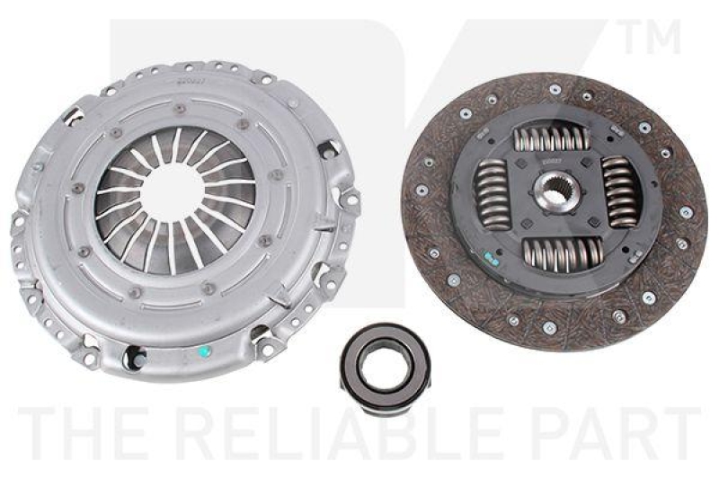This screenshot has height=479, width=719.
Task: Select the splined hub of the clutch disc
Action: coord(549,191)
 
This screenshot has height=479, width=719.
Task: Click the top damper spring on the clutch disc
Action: coord(550,139)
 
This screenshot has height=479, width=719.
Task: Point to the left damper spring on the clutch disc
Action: coord(491,191)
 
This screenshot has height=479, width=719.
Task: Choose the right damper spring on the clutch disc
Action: coord(619,191)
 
